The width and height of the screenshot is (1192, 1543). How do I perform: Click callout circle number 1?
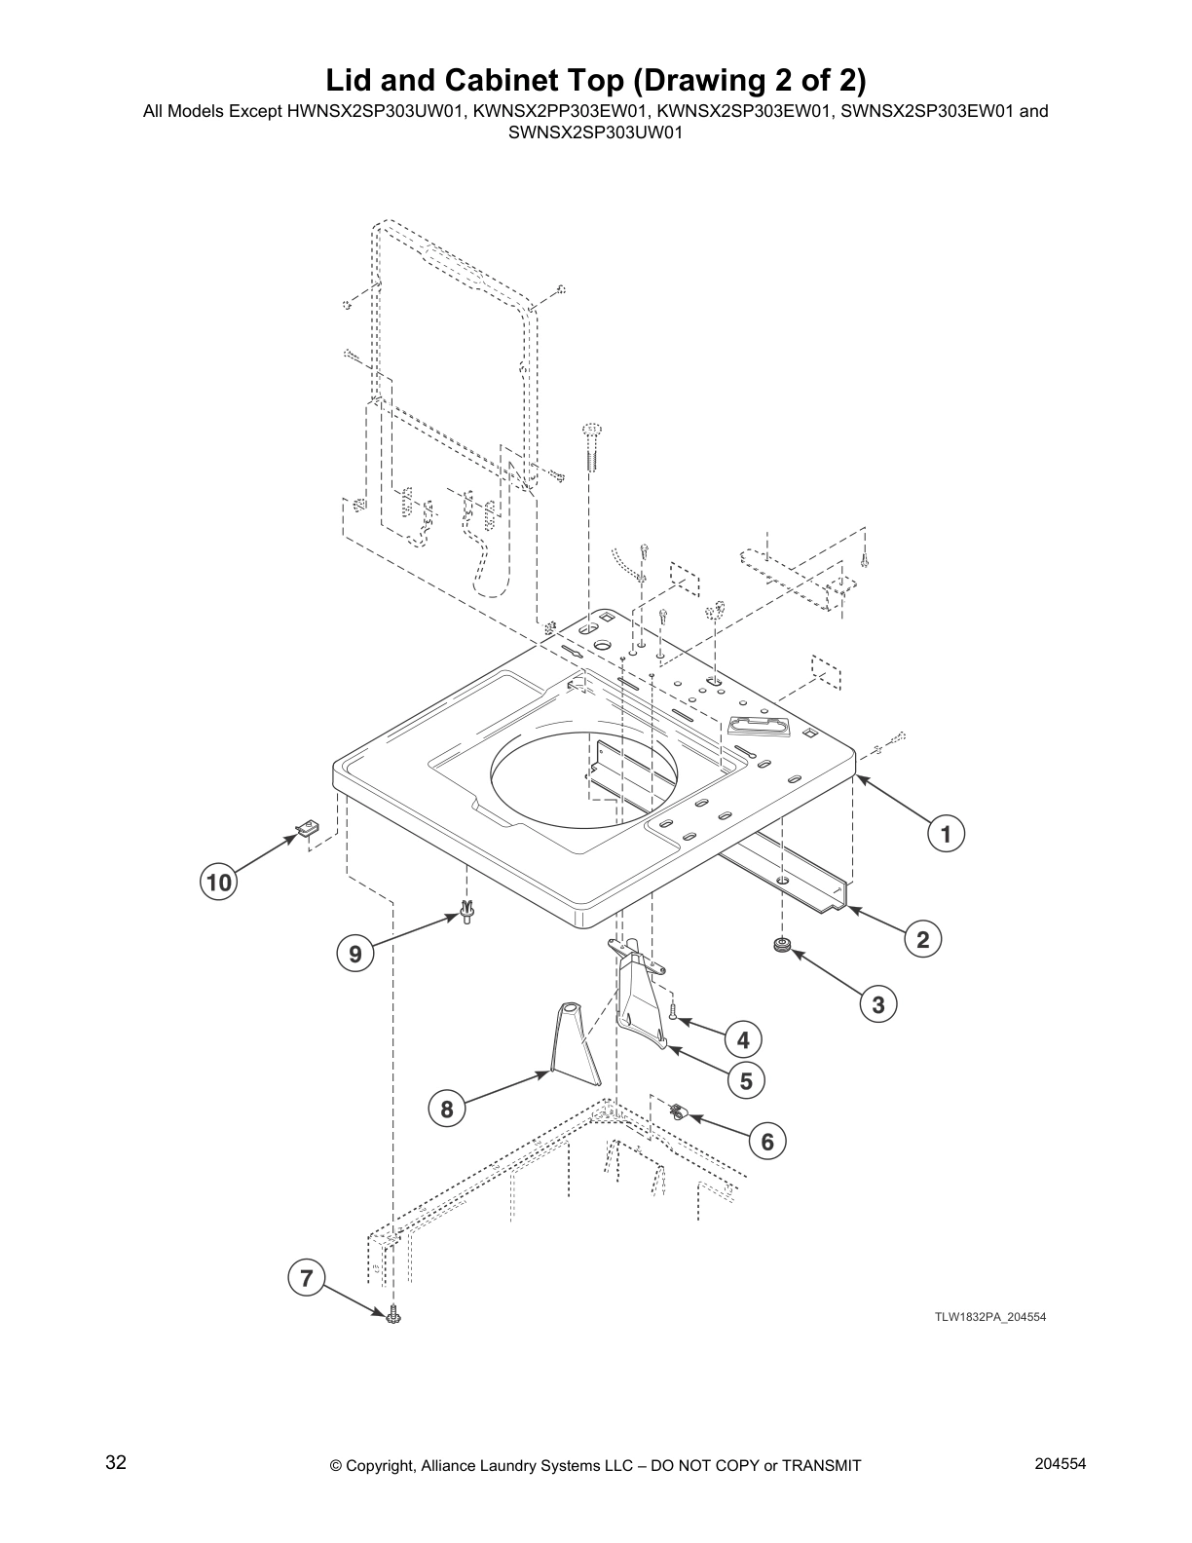[x=945, y=834]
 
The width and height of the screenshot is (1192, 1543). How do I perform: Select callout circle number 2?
[x=922, y=939]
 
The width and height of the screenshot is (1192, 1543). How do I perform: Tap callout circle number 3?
[x=878, y=1004]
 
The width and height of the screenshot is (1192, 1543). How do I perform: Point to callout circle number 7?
[x=307, y=1277]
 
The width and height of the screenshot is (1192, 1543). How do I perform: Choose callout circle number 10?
[x=219, y=883]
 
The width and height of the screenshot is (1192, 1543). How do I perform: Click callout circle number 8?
[x=446, y=1109]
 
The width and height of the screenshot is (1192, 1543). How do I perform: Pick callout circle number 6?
[x=767, y=1141]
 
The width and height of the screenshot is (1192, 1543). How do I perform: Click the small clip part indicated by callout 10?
[x=308, y=828]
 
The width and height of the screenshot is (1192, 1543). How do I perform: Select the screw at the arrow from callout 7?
[x=393, y=1316]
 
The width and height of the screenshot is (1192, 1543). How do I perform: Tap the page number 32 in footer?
[x=116, y=1463]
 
